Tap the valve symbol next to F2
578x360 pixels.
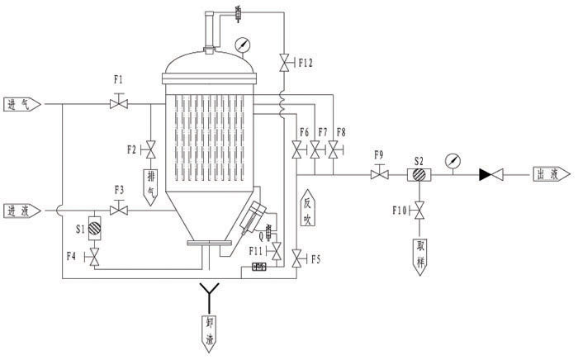pyautogui.click(x=151, y=150)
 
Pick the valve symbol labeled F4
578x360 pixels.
pyautogui.click(x=93, y=259)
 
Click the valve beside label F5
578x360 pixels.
pyautogui.click(x=296, y=259)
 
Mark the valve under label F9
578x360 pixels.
pyautogui.click(x=380, y=175)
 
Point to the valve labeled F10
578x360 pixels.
pyautogui.click(x=419, y=213)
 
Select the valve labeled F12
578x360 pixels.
pyautogui.click(x=284, y=62)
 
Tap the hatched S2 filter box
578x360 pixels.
pyautogui.click(x=419, y=175)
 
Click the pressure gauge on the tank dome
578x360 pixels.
pyautogui.click(x=242, y=43)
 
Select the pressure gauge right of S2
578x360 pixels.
pyautogui.click(x=452, y=160)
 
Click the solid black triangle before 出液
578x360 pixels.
pyautogui.click(x=487, y=175)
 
